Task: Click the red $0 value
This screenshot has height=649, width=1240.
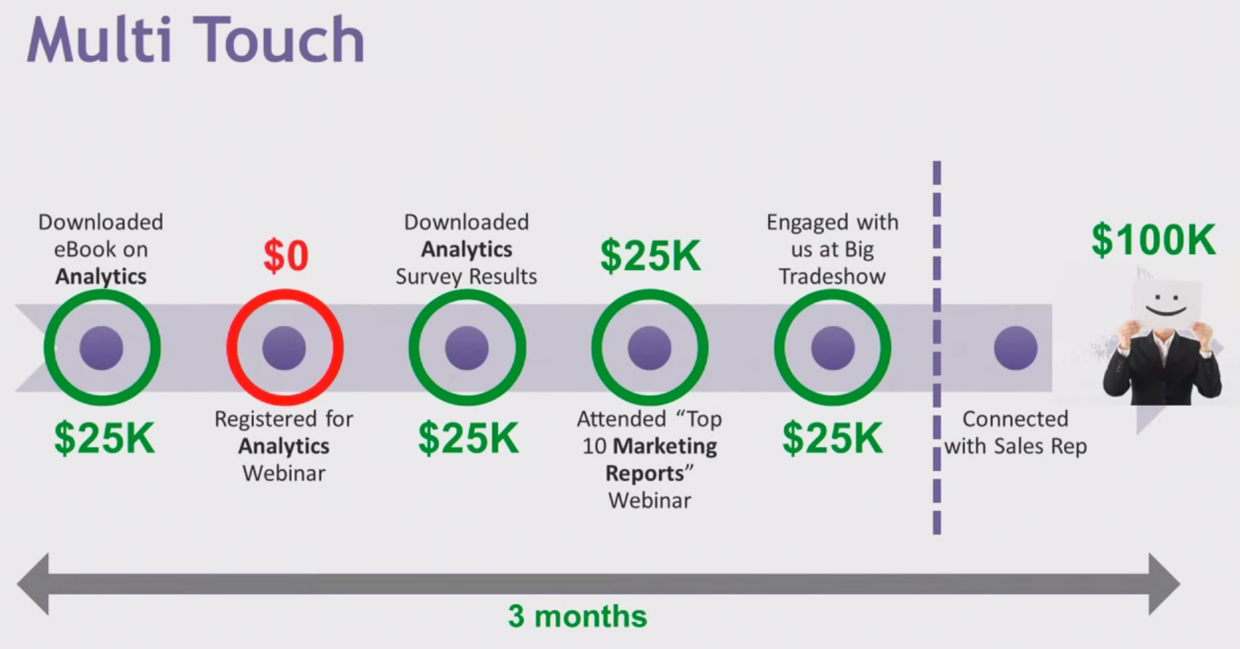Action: point(286,255)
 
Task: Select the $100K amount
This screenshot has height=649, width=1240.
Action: point(1154,240)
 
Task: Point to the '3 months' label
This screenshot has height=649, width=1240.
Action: point(578,616)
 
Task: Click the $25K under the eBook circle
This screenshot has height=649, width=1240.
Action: point(104,438)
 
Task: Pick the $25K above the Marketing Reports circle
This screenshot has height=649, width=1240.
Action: point(651,255)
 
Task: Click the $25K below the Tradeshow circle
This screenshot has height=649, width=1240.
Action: point(833,438)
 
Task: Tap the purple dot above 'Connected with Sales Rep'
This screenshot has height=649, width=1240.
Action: point(1016,348)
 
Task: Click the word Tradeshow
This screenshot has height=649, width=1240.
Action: point(832,276)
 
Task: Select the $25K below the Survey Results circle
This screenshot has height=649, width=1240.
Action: point(468,438)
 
